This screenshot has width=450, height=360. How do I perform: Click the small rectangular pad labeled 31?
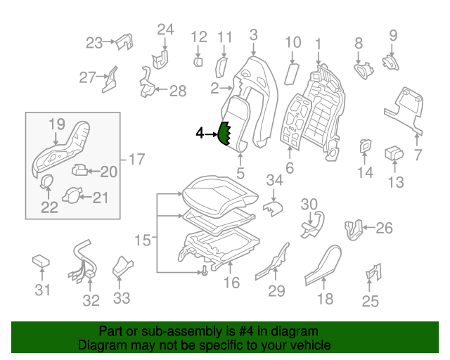pos(41,262)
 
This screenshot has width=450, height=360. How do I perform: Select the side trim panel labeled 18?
pos(326,260)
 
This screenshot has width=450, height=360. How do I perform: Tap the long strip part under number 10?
pos(292,72)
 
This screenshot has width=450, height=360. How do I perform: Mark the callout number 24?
pos(165,30)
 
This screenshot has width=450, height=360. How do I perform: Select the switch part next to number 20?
pos(81,169)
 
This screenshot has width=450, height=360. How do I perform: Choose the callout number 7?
pos(418,155)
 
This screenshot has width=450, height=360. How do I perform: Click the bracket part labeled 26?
pos(354,228)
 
